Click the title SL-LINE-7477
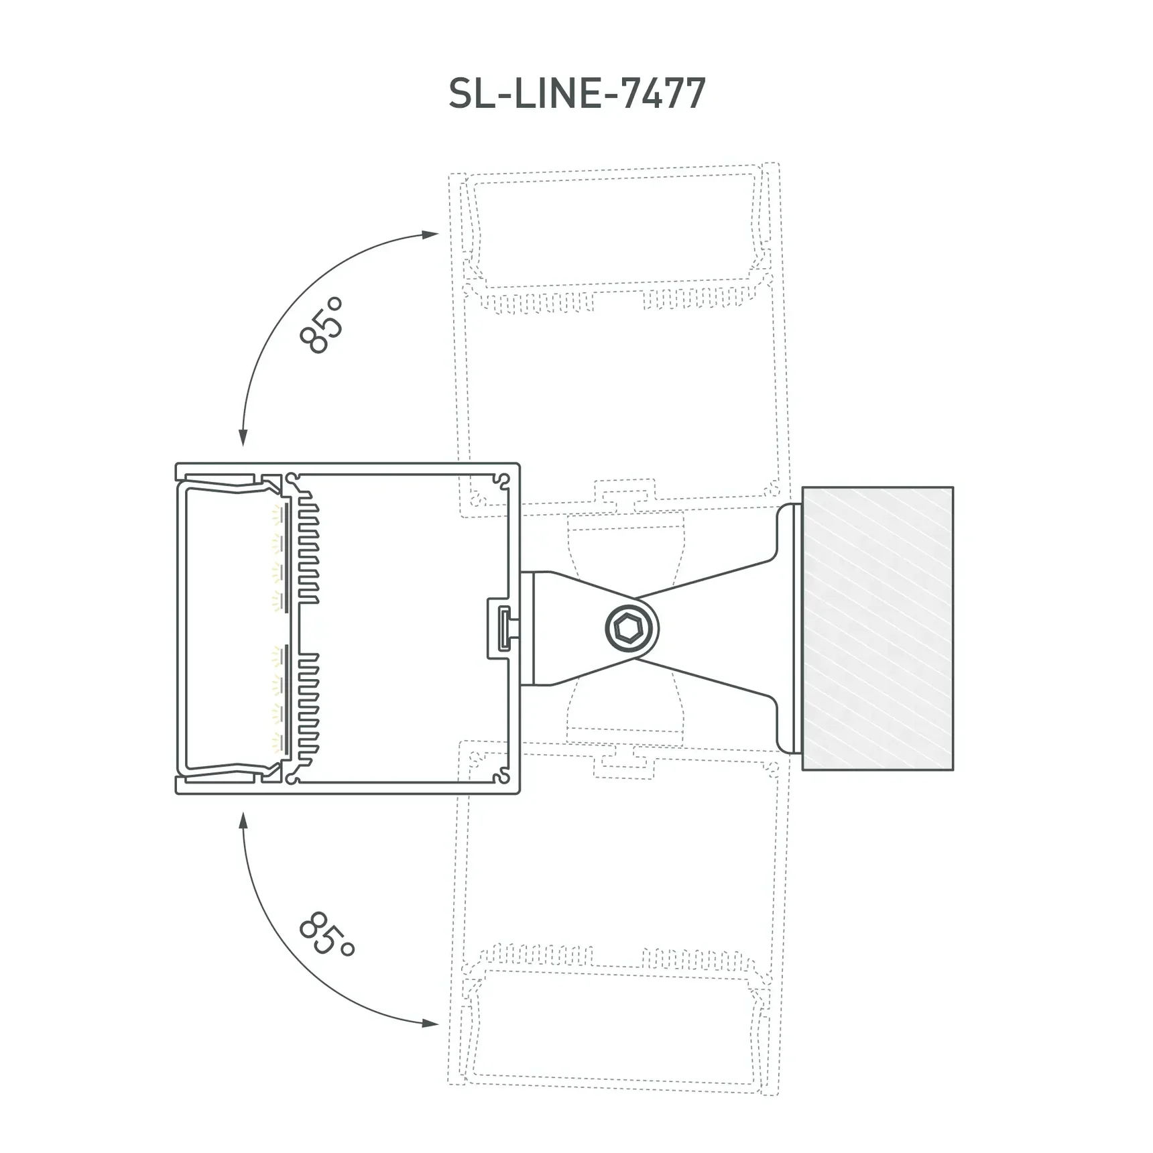pos(576,93)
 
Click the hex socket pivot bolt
pos(631,629)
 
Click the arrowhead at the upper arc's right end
pos(431,234)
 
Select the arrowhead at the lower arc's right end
pos(431,1024)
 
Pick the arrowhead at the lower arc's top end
pos(243,819)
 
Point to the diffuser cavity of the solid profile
pos(228,628)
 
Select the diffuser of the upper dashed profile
pos(617,228)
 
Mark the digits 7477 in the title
pos(664,93)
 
